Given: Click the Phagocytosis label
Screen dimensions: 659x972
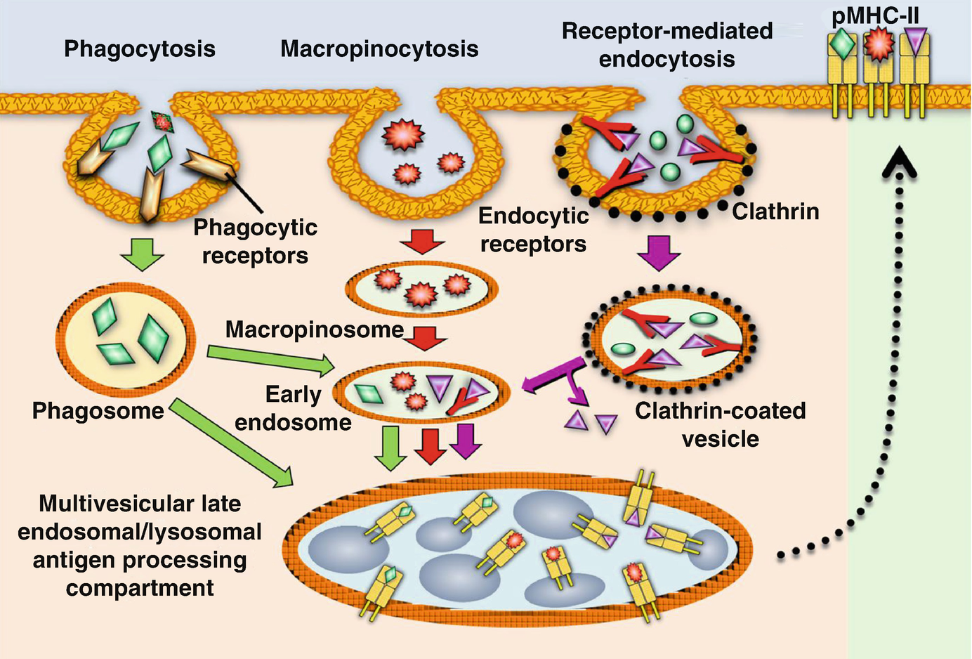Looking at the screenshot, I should pos(139,48).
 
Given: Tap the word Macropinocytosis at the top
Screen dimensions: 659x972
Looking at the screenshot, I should pos(379,48).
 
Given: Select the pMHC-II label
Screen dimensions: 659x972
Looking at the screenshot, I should pos(875,15).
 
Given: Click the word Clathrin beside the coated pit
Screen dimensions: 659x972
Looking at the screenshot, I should pos(775,211).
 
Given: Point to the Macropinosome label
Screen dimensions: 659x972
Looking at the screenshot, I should pos(314,329).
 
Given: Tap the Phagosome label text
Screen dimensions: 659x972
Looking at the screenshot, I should pos(98,410).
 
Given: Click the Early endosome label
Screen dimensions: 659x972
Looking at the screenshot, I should pos(293,408).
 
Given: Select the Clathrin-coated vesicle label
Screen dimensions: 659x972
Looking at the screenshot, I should pos(720,424).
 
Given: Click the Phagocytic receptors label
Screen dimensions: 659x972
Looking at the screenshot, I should pos(255,241).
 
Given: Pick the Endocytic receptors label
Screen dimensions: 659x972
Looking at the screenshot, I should pos(533,230).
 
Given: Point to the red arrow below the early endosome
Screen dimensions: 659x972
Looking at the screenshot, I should pos(429,445).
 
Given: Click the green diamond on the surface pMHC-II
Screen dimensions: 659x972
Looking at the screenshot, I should pos(843,44).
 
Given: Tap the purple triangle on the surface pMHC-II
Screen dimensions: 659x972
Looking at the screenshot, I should pos(914,40).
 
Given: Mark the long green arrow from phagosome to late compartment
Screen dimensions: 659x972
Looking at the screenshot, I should pos(232,443).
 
